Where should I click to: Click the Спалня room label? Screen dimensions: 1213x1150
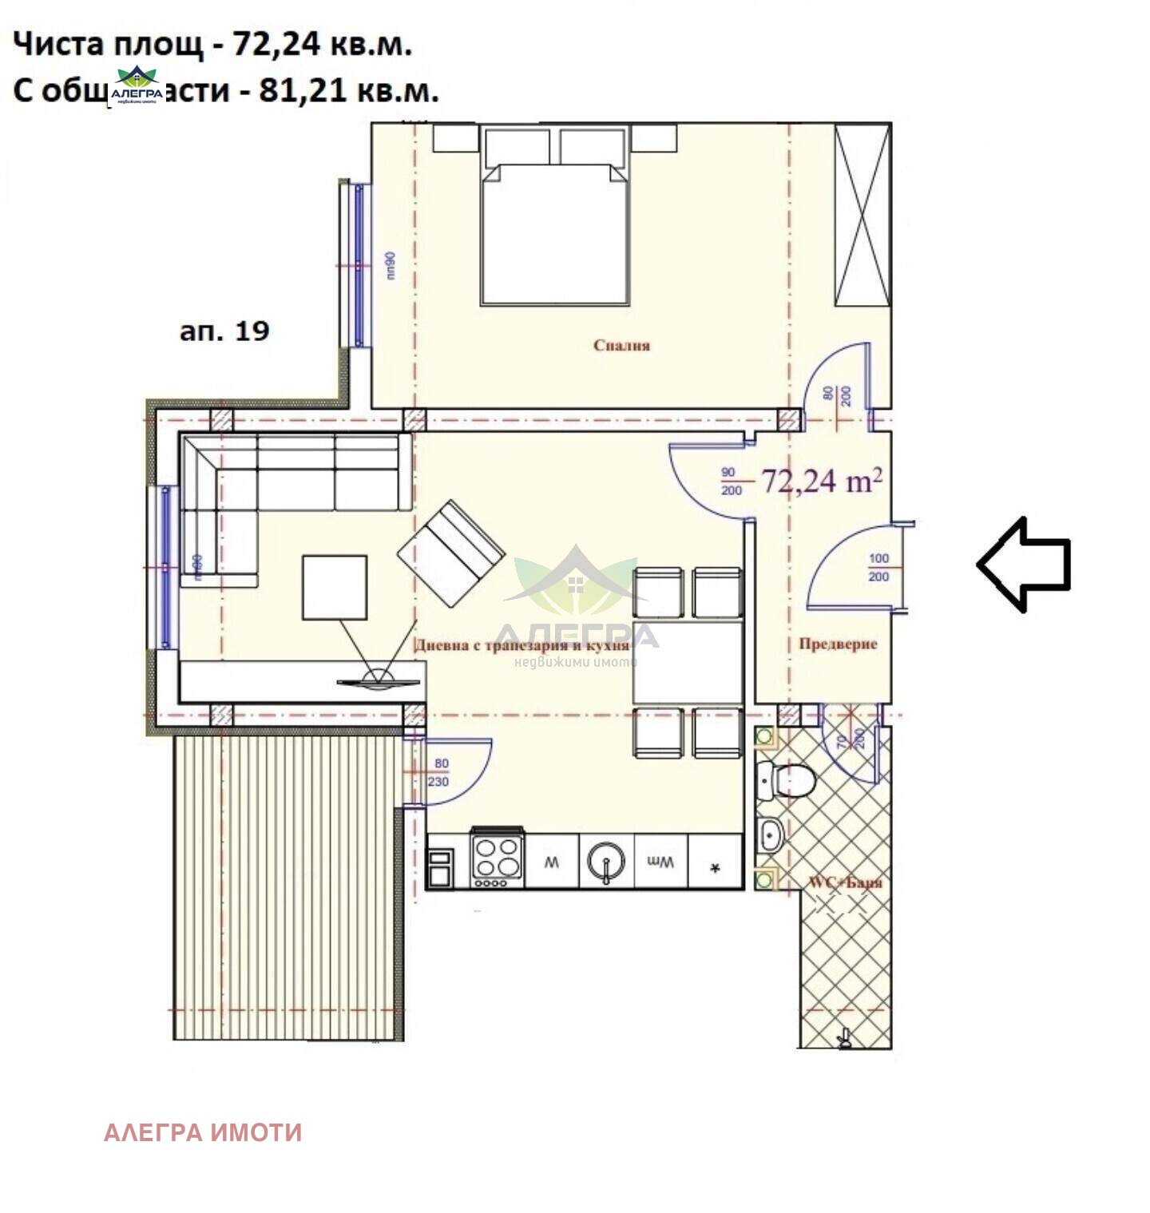coord(621,345)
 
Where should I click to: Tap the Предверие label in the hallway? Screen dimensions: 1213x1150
coord(838,644)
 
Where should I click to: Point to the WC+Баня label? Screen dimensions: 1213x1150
coord(846,882)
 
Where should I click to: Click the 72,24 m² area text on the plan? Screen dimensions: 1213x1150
coord(821,481)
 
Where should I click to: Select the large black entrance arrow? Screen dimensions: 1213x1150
coord(1024,564)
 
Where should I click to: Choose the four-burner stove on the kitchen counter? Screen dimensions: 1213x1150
coord(497,858)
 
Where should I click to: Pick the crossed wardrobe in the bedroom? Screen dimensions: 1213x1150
coord(862,215)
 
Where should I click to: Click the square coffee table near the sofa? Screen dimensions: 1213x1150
coord(335,588)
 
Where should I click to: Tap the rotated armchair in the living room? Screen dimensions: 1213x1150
coord(451,553)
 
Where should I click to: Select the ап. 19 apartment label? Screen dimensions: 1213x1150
coord(224,331)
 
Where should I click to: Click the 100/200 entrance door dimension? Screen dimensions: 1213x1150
coord(878,567)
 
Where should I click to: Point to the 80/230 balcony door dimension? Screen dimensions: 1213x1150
coord(441,772)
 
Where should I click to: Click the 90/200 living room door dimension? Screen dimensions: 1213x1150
coord(730,481)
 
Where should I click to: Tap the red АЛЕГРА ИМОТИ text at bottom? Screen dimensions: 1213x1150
coord(203,1132)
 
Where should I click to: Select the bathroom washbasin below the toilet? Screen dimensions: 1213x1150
coord(770,835)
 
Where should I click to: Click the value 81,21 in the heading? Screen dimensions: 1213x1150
coord(304,91)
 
